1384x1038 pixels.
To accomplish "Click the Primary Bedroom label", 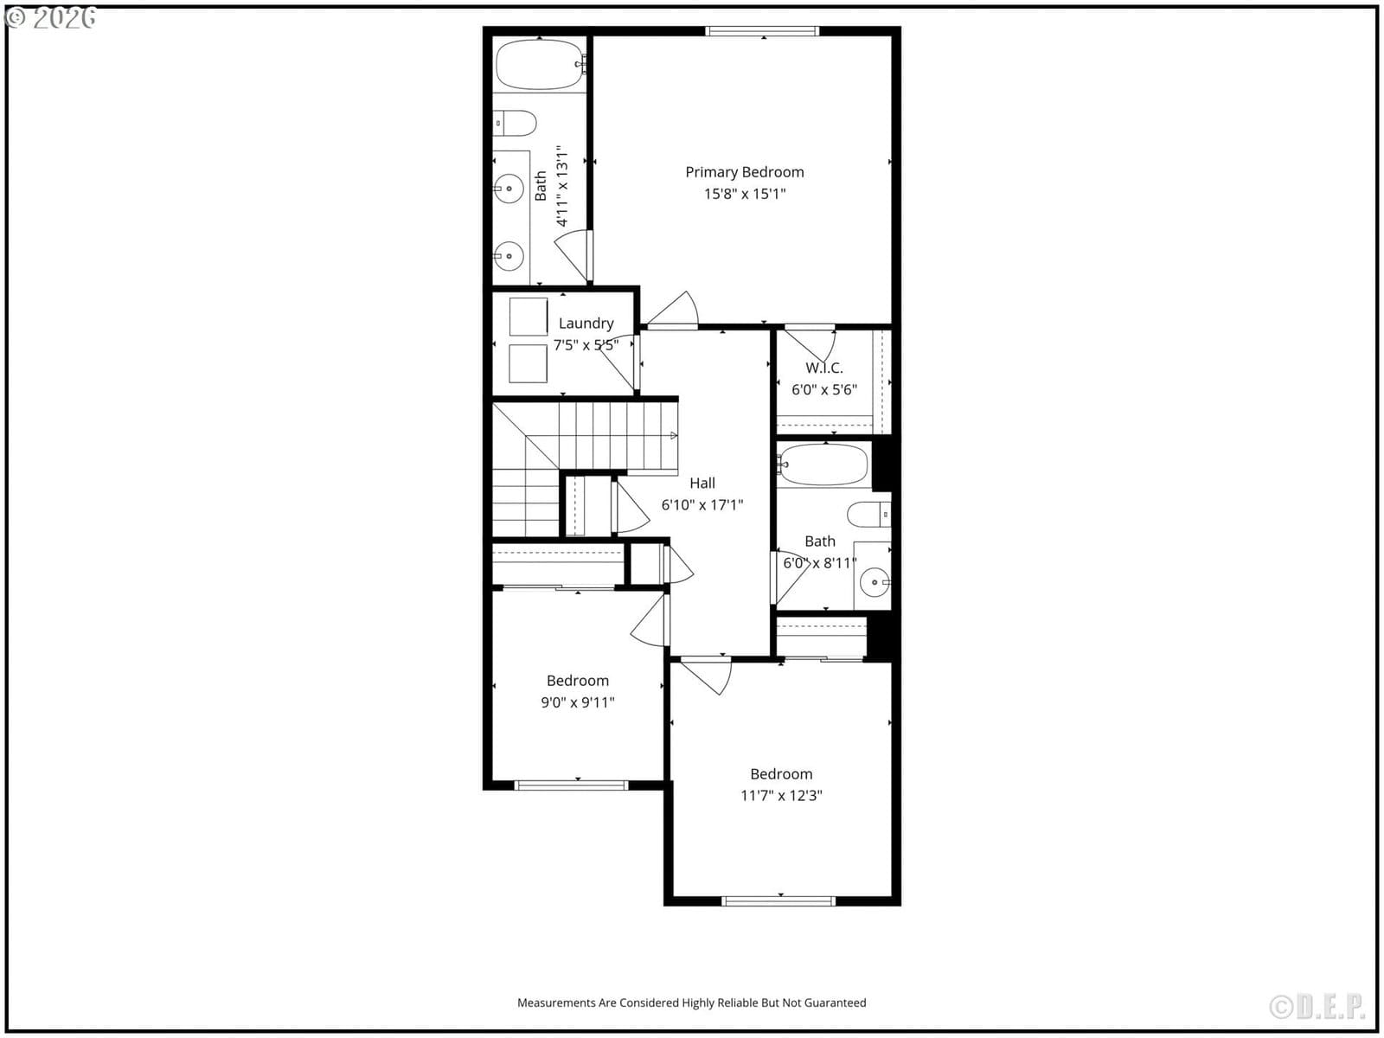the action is click(745, 172).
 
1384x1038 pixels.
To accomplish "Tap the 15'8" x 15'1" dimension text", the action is click(745, 194).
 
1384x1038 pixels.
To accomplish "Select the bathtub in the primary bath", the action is click(540, 65).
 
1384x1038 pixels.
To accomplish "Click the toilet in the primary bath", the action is click(515, 124).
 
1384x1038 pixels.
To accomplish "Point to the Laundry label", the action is click(586, 324).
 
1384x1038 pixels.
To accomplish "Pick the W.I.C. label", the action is click(824, 368).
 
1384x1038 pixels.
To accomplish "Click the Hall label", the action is click(702, 483).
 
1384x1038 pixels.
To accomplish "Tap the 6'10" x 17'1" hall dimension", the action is click(702, 505).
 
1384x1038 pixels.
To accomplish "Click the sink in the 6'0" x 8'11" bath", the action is click(875, 582).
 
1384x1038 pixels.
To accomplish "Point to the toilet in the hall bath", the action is click(868, 515).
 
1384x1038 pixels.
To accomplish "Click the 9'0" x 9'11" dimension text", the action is click(578, 702).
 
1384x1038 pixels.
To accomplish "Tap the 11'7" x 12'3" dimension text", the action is click(781, 795).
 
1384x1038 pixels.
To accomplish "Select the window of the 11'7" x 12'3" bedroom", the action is click(778, 901).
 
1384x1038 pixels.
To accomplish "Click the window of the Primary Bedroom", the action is click(762, 31).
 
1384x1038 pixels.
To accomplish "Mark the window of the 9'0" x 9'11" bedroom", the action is click(571, 785).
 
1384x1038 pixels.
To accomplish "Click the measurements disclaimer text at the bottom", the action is click(692, 1003).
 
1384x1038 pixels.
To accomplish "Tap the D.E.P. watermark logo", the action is click(1317, 1007).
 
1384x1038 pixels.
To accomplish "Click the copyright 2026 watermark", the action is click(50, 17).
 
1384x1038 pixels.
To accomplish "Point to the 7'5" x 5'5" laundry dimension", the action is click(586, 345).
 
